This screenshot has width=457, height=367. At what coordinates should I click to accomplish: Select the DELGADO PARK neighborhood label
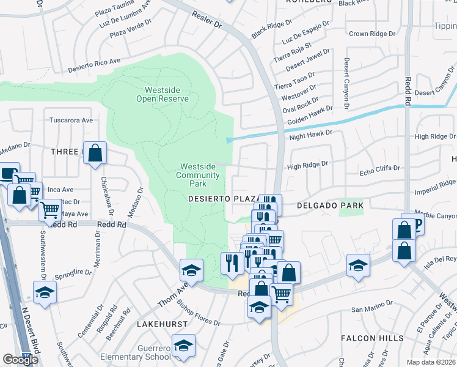tap(330, 206)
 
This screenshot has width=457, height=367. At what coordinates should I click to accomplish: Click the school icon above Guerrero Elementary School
tap(184, 344)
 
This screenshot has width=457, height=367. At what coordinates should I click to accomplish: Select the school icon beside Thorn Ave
tap(191, 270)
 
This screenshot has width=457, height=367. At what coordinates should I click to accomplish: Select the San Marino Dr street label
tap(371, 308)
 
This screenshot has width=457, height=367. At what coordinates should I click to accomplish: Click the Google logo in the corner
tap(21, 360)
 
